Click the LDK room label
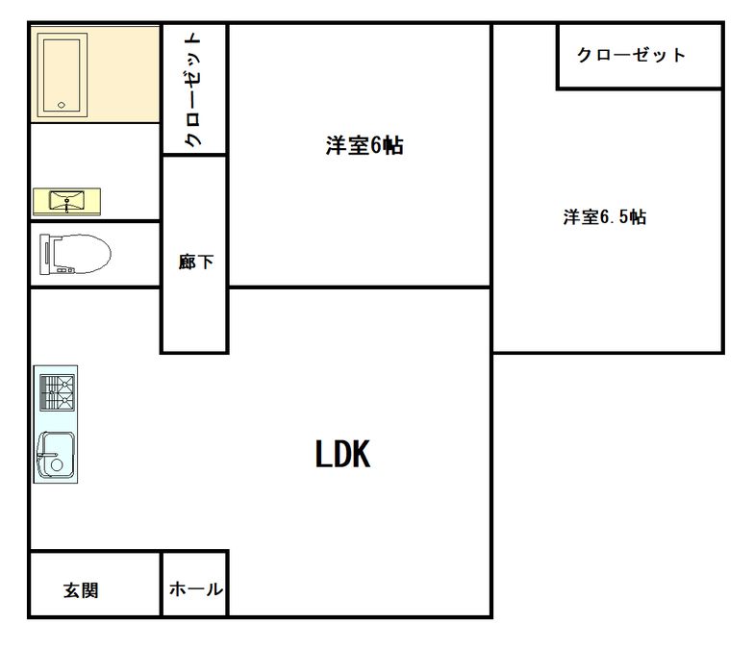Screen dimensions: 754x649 [342, 454]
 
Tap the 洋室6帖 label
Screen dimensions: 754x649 [364, 146]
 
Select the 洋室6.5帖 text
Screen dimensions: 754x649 [604, 217]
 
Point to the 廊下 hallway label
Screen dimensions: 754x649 [196, 262]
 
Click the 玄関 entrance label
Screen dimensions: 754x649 [81, 590]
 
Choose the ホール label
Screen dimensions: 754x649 [196, 588]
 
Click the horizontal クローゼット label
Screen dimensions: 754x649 [631, 55]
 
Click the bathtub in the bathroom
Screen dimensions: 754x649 [62, 75]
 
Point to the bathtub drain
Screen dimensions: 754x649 [62, 105]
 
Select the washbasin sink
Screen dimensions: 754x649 [66, 200]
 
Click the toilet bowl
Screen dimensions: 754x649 [82, 254]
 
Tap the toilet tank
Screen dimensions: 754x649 [44, 254]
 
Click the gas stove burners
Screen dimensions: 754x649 [58, 393]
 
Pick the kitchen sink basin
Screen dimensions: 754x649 [56, 454]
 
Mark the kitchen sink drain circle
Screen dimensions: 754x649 [57, 465]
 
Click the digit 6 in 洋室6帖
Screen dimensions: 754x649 [376, 146]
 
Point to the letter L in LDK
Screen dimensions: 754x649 [321, 454]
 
